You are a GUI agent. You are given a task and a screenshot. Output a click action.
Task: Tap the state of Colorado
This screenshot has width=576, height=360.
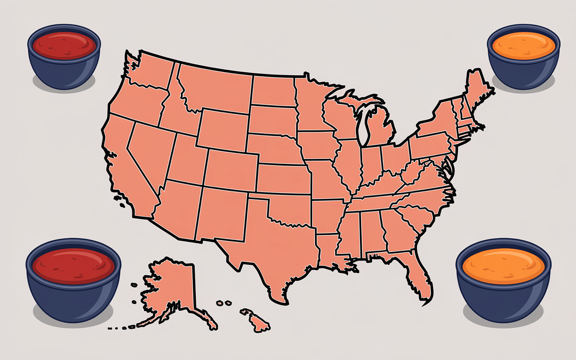click(232, 169)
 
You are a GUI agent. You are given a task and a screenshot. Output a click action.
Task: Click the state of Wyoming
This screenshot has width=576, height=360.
click(223, 128)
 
